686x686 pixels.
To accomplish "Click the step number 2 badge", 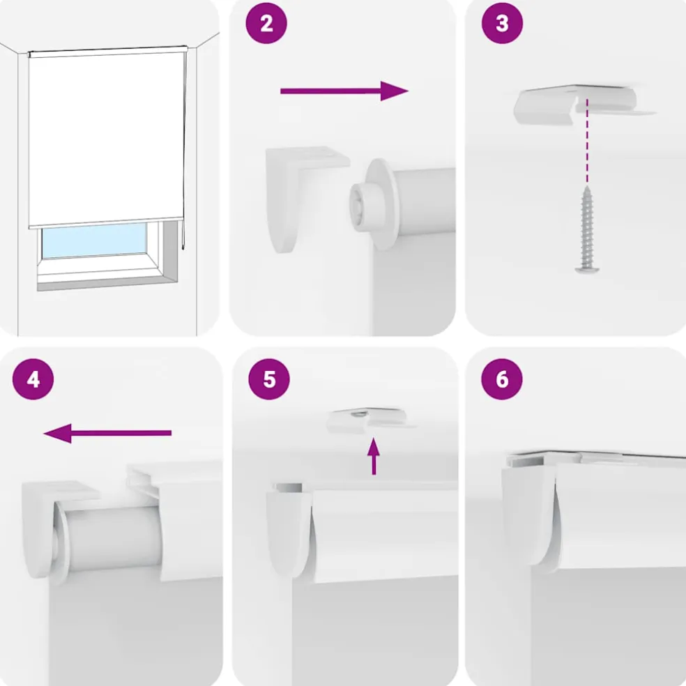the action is tap(266, 23).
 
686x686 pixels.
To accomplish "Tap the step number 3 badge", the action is tap(502, 23).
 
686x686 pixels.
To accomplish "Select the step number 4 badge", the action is tap(33, 379).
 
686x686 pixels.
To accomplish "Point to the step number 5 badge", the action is tap(269, 379).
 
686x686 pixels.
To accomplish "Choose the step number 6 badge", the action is tap(502, 379).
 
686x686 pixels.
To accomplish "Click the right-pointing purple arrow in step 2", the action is tap(344, 91).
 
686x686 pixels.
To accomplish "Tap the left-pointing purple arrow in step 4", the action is tap(107, 433).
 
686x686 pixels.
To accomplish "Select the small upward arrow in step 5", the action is tap(374, 457).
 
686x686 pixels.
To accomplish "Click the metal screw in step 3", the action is tap(587, 229).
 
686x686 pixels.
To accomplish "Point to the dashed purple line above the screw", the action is tap(587, 141).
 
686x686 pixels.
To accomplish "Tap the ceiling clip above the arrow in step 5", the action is tap(371, 419).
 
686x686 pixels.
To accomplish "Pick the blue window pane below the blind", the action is tap(94, 241).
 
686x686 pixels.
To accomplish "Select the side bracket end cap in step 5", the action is tap(289, 534).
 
